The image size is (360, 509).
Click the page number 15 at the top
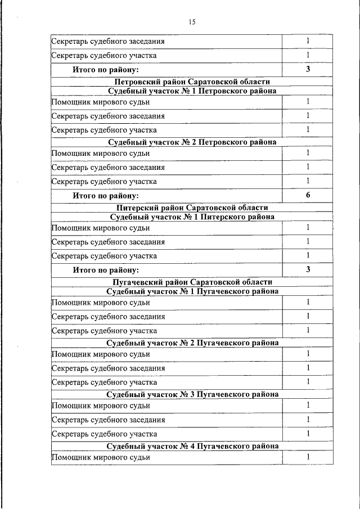coord(192,22)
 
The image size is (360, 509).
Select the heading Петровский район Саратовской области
coord(192,82)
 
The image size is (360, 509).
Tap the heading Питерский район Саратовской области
coord(192,208)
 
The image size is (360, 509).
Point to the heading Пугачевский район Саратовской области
coord(192,282)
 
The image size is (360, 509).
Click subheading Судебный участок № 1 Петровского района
coord(192,91)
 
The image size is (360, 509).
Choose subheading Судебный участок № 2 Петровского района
coord(192,142)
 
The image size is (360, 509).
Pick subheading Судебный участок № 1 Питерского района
coord(192,217)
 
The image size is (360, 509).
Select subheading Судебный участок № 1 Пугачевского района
coord(192,291)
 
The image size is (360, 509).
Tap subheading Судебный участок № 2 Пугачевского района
coord(192,343)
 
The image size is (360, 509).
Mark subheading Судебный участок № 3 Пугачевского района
coord(192,394)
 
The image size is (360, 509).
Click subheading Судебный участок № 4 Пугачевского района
coord(192,446)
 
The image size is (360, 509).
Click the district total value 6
coord(308,195)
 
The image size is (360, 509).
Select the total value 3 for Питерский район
coord(308,269)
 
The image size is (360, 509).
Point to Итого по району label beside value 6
coord(106,196)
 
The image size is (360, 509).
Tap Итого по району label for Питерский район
coord(106,270)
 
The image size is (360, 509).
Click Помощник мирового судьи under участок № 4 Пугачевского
coord(101,457)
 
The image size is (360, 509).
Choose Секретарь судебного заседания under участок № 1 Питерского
coord(108,242)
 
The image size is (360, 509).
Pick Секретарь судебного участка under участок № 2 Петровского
coord(104,182)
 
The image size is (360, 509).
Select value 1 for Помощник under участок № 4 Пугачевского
coord(308,457)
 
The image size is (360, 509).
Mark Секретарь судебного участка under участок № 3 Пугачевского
coord(104,434)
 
